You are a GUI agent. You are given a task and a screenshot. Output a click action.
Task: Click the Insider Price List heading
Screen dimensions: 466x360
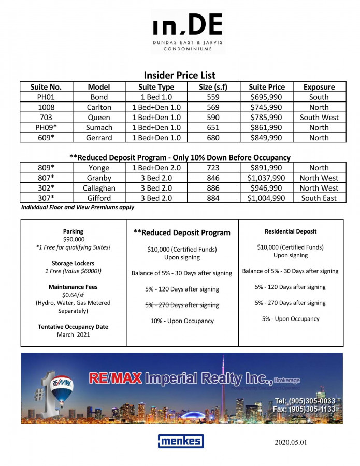click(180, 75)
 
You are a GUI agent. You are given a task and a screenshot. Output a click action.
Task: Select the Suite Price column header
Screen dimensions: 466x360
click(267, 87)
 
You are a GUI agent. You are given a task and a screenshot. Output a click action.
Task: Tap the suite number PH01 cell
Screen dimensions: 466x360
click(46, 97)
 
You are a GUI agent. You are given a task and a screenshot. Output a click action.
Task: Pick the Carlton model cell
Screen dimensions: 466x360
click(99, 107)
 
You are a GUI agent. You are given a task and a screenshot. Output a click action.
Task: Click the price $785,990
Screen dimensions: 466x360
click(267, 118)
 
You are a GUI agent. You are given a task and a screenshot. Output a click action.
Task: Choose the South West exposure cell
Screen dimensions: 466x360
click(319, 118)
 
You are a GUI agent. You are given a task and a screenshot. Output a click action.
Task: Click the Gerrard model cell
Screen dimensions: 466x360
click(99, 138)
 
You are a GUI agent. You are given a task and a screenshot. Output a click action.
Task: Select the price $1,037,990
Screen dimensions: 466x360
click(267, 178)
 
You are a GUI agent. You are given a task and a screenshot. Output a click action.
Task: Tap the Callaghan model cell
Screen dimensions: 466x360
click(99, 188)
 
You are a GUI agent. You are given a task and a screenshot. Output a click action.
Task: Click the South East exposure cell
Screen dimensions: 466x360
click(319, 198)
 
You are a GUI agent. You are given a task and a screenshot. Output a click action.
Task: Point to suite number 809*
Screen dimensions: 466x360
click(46, 168)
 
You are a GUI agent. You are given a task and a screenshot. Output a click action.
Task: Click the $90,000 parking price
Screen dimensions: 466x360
click(73, 239)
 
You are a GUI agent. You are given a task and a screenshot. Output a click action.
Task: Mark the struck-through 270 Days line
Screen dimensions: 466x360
click(182, 305)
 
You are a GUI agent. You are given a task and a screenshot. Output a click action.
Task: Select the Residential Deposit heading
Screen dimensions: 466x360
click(291, 231)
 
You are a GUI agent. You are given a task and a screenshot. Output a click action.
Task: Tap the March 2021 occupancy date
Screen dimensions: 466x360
click(73, 334)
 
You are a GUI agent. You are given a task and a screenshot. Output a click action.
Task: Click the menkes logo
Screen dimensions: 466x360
click(181, 441)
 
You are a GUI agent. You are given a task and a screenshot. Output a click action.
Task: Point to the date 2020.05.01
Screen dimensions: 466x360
click(292, 443)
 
